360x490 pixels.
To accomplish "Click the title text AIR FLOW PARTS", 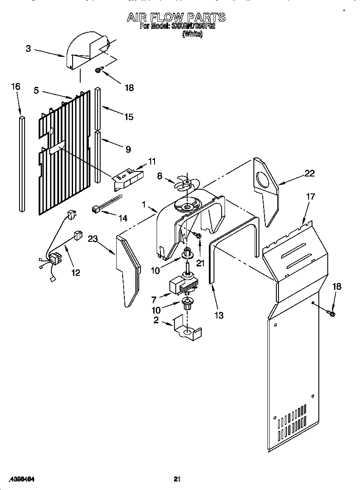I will point(176,17).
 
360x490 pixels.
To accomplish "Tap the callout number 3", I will point(28,49).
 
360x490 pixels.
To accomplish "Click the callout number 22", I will point(309,173).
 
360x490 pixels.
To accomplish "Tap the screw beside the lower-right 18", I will point(332,314).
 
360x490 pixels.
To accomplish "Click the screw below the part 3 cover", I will point(99,70).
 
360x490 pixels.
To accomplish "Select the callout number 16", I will point(15,87).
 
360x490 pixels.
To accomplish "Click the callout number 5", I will point(37,90).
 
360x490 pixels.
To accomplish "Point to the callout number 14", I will point(122,218).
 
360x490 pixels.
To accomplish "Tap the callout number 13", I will point(219,315).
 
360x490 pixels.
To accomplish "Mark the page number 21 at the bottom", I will point(177,479).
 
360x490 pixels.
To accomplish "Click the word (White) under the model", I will point(192,35).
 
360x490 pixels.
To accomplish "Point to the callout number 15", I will point(129,117).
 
